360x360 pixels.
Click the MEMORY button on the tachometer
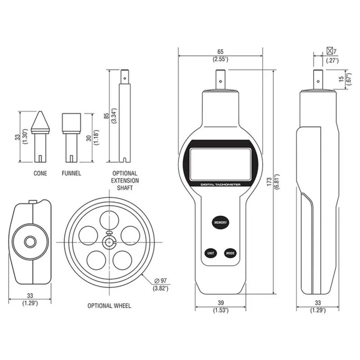pos(220,222)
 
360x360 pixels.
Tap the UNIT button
pos(210,253)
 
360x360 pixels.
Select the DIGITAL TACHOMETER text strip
pos(220,184)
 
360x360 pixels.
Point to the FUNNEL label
pos(71,173)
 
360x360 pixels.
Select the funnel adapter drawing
pos(71,137)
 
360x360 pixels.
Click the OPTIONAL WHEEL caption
pos(109,306)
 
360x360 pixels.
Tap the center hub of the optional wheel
pos(109,242)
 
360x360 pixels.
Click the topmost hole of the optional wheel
pos(109,220)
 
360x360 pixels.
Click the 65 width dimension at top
pos(220,52)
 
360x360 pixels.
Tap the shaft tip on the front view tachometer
pos(221,80)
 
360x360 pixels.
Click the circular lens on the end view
pos(30,242)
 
